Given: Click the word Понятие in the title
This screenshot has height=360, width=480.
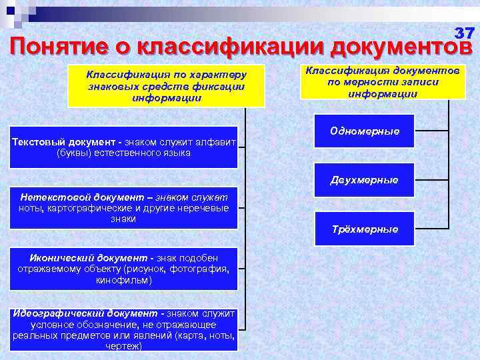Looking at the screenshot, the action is pyautogui.click(x=66, y=46).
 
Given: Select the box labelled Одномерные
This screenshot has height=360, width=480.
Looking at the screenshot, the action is pyautogui.click(x=364, y=131).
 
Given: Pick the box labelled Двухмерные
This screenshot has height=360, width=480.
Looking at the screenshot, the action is pyautogui.click(x=364, y=180).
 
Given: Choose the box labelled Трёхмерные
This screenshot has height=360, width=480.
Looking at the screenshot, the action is pyautogui.click(x=365, y=229).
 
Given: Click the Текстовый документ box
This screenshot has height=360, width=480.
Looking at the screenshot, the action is pyautogui.click(x=124, y=147).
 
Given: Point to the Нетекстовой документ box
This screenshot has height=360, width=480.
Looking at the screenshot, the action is pyautogui.click(x=124, y=208).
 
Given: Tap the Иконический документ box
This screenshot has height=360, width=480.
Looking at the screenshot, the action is pyautogui.click(x=124, y=269).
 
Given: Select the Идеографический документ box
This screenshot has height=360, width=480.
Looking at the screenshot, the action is pyautogui.click(x=124, y=329).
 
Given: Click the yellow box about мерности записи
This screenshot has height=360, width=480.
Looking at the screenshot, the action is pyautogui.click(x=382, y=81).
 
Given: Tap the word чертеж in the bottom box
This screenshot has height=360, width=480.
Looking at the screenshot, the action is pyautogui.click(x=123, y=347).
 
